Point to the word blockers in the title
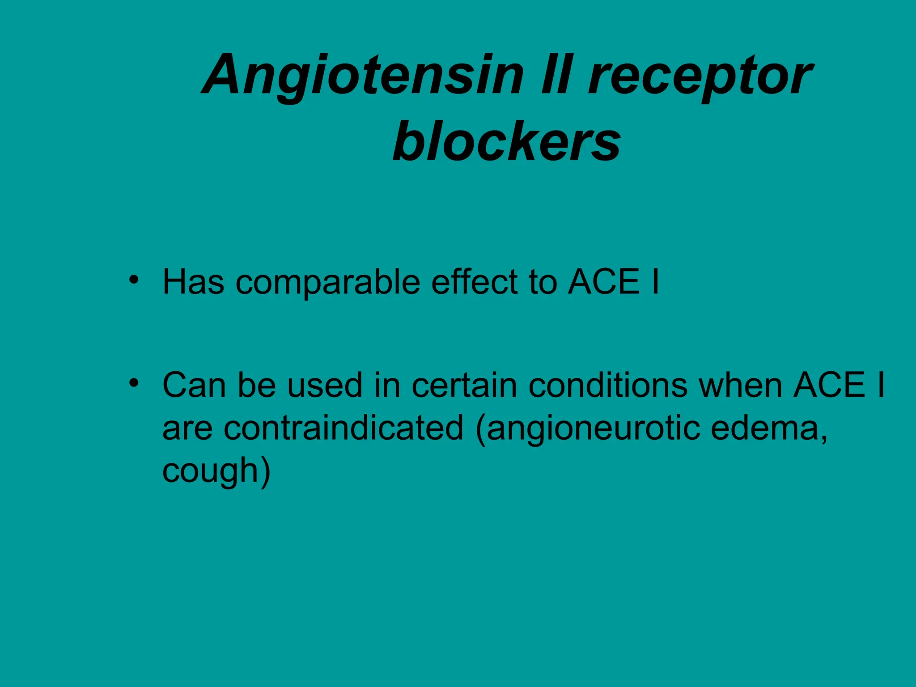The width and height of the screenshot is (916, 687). [x=506, y=141]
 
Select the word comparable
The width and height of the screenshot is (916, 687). [x=327, y=283]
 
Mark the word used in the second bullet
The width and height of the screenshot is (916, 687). [x=324, y=385]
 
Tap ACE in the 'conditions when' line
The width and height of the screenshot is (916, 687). [x=829, y=385]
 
